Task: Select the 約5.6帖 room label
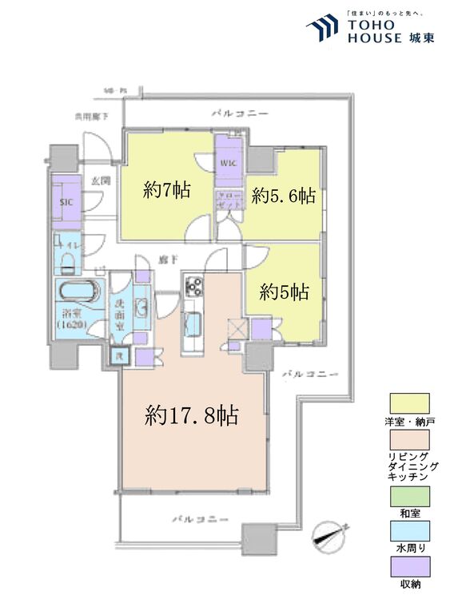click(x=283, y=196)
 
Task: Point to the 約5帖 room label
click(x=284, y=292)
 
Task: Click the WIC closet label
click(x=229, y=165)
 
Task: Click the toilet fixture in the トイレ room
click(x=67, y=262)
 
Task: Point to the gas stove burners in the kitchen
click(x=194, y=284)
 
